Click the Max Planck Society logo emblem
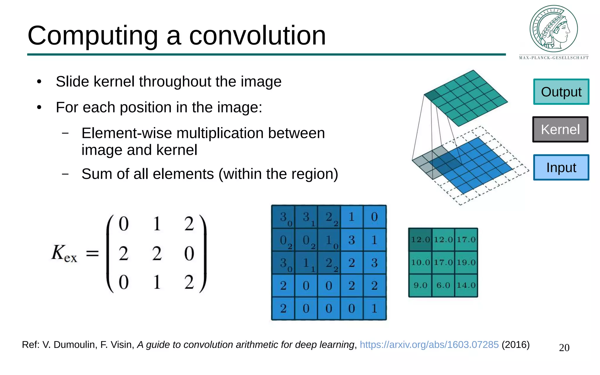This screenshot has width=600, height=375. coord(553,29)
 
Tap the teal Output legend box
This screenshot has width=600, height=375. coord(561,92)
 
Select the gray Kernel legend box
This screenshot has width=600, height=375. coord(560,129)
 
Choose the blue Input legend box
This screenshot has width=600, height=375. coord(561,167)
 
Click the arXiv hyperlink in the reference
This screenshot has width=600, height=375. coord(429,345)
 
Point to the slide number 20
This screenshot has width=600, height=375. coord(564,348)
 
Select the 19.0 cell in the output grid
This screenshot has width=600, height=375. coord(466,262)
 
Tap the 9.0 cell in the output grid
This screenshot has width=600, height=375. coord(420,285)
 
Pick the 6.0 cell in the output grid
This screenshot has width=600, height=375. coord(443,285)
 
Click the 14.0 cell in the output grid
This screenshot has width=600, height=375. coord(466,285)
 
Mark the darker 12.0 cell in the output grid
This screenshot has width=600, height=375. coord(420,240)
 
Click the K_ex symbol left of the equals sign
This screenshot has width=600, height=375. coord(64,253)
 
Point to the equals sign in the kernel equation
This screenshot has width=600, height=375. coord(92,253)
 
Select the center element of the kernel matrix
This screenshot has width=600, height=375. coord(157,253)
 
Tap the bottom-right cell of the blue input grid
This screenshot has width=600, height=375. coord(374,308)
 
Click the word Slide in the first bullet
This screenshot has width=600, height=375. coord(72,81)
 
